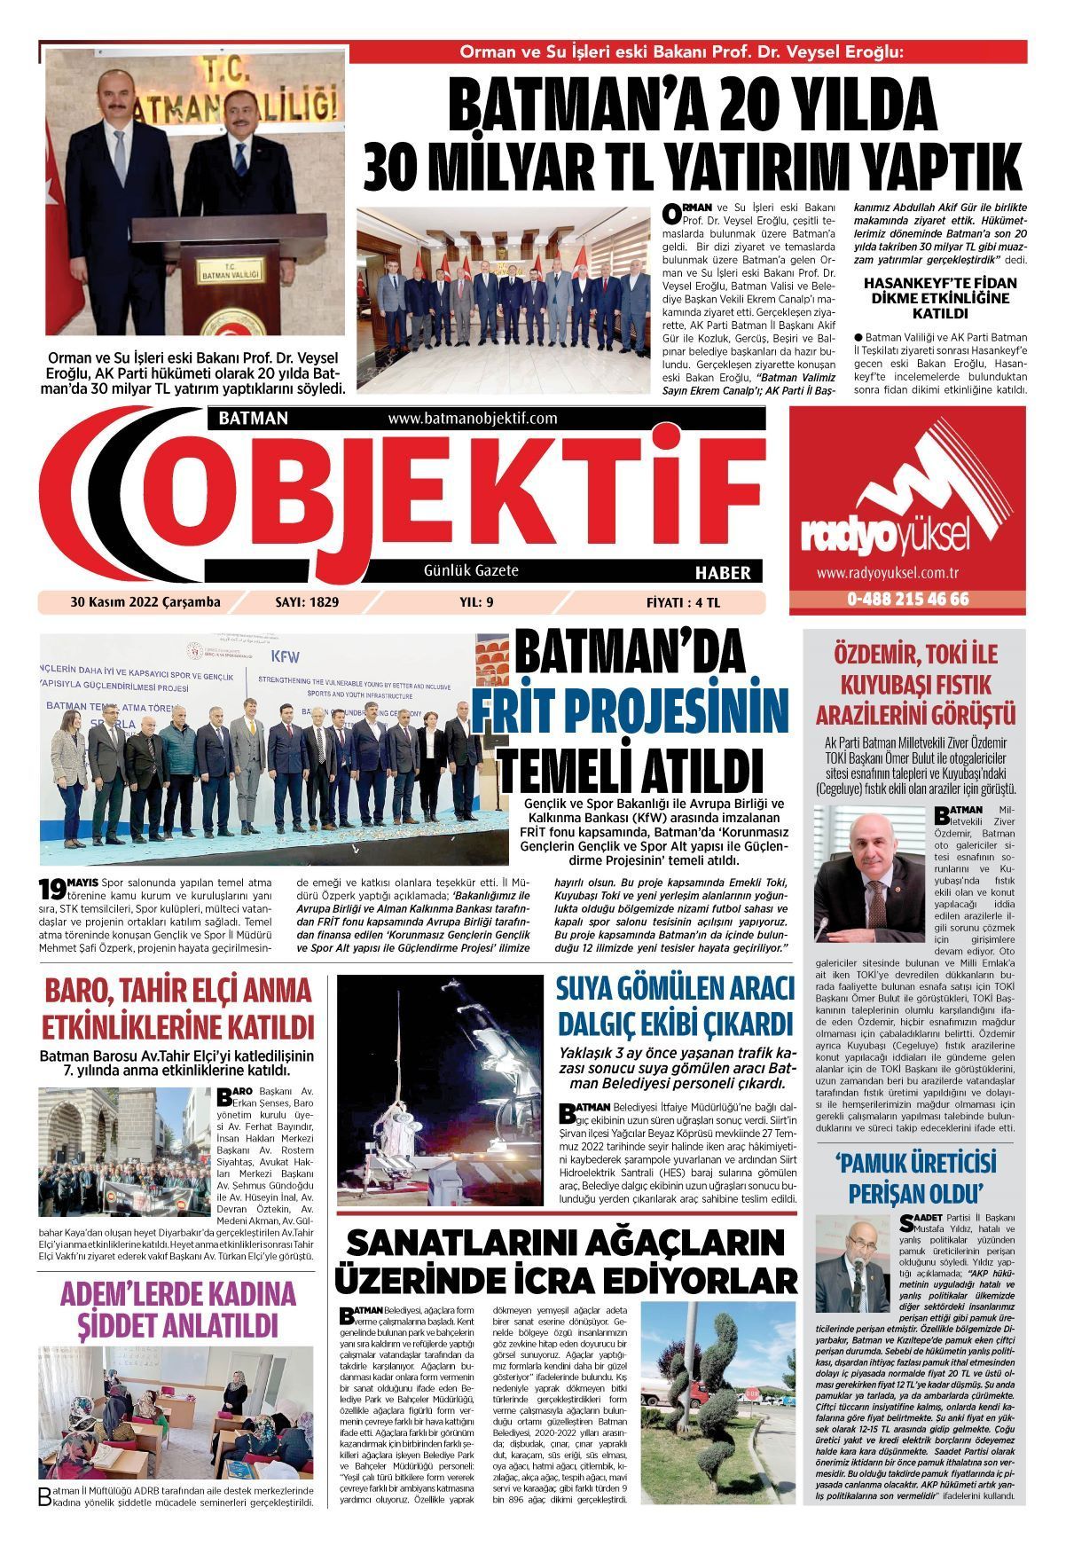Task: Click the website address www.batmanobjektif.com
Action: (x=472, y=418)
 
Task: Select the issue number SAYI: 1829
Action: (x=308, y=603)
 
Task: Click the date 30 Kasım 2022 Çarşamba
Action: (x=145, y=603)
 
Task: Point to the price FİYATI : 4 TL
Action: (x=684, y=603)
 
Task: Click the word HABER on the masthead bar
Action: (x=722, y=572)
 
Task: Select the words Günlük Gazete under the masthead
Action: (x=471, y=570)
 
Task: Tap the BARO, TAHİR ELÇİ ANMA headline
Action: (x=177, y=990)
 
